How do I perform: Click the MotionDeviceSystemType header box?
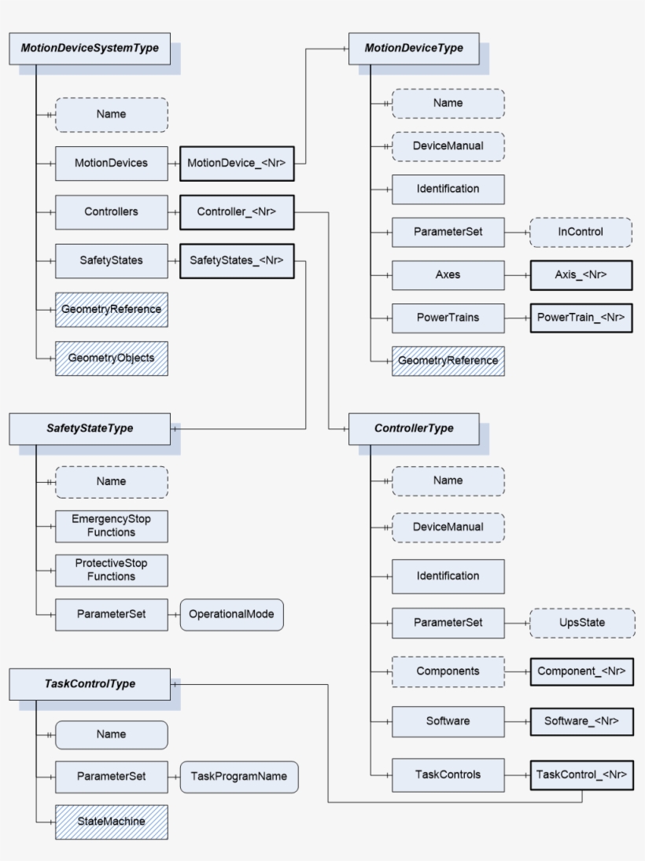pos(90,48)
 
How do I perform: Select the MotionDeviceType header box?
pos(414,48)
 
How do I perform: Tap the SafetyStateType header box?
pos(90,429)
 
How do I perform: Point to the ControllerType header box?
pos(414,429)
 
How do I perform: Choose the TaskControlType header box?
pos(90,683)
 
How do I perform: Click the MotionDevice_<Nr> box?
pos(237,163)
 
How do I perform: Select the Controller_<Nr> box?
pos(237,212)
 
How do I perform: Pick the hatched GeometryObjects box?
pos(111,358)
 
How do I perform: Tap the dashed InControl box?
pos(580,232)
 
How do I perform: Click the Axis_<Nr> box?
pos(580,275)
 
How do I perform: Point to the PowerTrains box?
pos(448,318)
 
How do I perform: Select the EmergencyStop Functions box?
pos(111,526)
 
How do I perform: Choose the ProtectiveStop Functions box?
pos(111,570)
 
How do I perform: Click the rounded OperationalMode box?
pos(231,614)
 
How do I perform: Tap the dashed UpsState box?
pos(581,622)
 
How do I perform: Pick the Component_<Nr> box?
pos(581,672)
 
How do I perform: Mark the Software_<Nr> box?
pos(581,721)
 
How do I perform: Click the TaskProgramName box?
pos(239,776)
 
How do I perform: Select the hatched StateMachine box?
pos(111,821)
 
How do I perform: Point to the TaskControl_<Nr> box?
pos(581,775)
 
